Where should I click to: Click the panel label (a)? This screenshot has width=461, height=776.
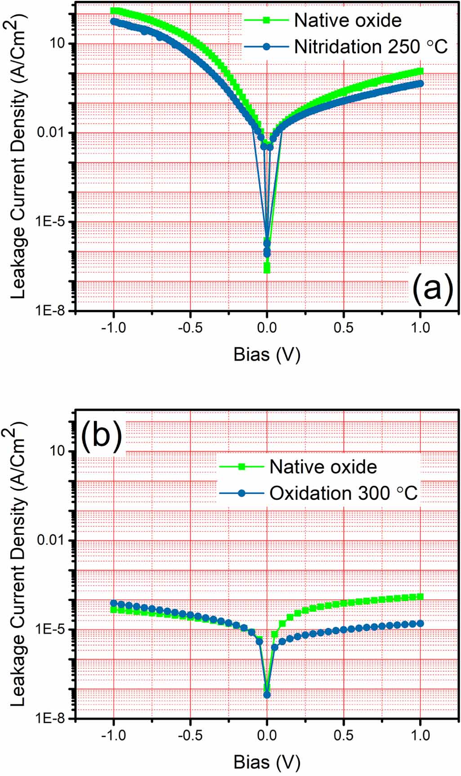pyautogui.click(x=432, y=288)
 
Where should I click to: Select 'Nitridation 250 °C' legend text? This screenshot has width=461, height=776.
pyautogui.click(x=371, y=46)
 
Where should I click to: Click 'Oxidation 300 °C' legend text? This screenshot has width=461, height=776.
pyautogui.click(x=343, y=493)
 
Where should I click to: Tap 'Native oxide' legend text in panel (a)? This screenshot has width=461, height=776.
pyautogui.click(x=348, y=20)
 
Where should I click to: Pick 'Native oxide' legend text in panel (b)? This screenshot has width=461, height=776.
pyautogui.click(x=323, y=466)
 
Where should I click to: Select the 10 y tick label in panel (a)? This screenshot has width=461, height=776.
pyautogui.click(x=57, y=44)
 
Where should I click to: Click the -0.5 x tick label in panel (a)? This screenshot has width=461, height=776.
pyautogui.click(x=190, y=327)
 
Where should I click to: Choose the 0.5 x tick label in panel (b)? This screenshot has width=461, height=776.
pyautogui.click(x=344, y=735)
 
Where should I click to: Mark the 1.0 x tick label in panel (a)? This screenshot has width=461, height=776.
pyautogui.click(x=420, y=327)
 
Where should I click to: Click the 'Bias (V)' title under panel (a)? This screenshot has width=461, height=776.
pyautogui.click(x=266, y=354)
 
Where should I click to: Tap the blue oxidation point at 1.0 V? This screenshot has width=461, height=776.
pyautogui.click(x=421, y=623)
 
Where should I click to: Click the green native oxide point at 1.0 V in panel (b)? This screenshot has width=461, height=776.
pyautogui.click(x=421, y=597)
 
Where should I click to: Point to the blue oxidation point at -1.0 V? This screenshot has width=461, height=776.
pyautogui.click(x=114, y=603)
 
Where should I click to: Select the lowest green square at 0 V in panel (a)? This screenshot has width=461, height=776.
pyautogui.click(x=267, y=270)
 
